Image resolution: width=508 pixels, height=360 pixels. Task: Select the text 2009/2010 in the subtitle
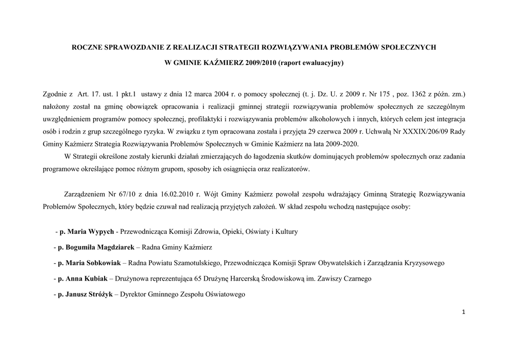tap(261, 63)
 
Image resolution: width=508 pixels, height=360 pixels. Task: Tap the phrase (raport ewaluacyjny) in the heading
tap(311, 63)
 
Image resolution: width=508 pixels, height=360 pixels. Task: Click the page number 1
tap(463, 311)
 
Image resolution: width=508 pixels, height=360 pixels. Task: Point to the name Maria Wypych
tap(90, 231)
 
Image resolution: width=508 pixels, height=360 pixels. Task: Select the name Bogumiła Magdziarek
tap(96, 247)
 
